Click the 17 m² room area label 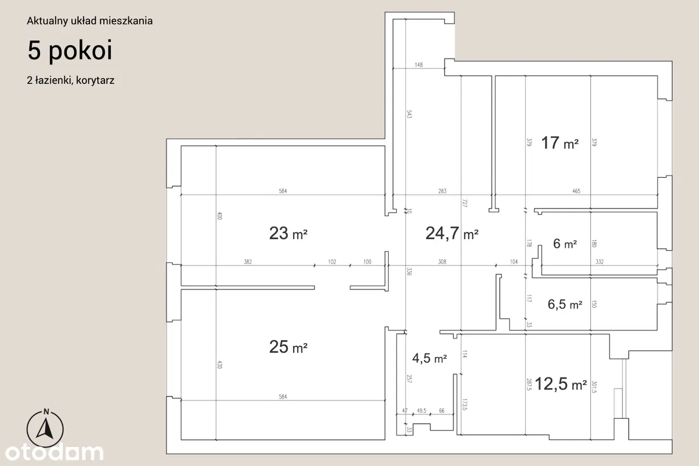pyautogui.click(x=560, y=143)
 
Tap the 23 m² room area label pyautogui.click(x=288, y=233)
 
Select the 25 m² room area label pyautogui.click(x=288, y=347)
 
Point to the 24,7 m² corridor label pyautogui.click(x=452, y=233)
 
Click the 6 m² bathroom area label pyautogui.click(x=565, y=244)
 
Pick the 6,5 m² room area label pyautogui.click(x=565, y=304)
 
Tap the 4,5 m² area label pyautogui.click(x=429, y=358)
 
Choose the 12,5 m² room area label pyautogui.click(x=561, y=384)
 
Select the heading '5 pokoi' pyautogui.click(x=70, y=51)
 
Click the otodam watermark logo pyautogui.click(x=54, y=452)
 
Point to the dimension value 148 pyautogui.click(x=418, y=64)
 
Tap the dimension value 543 pyautogui.click(x=409, y=114)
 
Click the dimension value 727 pyautogui.click(x=464, y=203)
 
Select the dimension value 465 pyautogui.click(x=576, y=191)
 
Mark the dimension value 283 pyautogui.click(x=442, y=191)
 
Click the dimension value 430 pyautogui.click(x=220, y=364)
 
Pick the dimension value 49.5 pyautogui.click(x=422, y=410)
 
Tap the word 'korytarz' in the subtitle pyautogui.click(x=95, y=80)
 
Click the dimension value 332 pyautogui.click(x=600, y=262)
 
